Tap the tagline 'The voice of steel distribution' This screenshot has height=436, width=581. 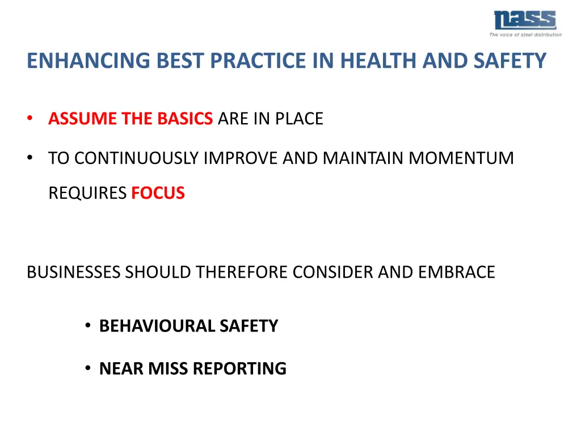525,35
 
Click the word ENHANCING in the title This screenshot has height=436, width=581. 70,60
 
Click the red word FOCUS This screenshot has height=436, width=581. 158,193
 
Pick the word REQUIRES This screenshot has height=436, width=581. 87,193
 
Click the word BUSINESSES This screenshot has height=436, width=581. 73,272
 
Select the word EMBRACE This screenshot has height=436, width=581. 457,272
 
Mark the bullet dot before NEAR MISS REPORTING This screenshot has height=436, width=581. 89,368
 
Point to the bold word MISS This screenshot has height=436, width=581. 169,368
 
